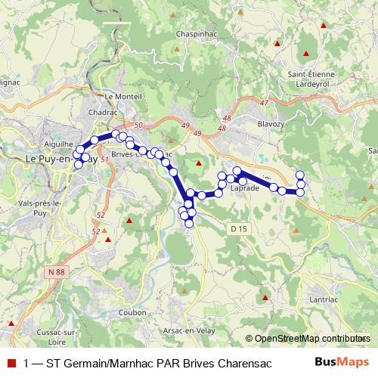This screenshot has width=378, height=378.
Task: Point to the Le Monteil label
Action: tap(119, 96)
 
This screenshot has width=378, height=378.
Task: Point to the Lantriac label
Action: tap(324, 301)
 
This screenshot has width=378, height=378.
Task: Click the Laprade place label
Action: tap(245, 188)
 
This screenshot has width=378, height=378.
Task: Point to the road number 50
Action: tap(137, 125)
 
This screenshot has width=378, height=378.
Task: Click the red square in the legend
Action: tap(11, 363)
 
